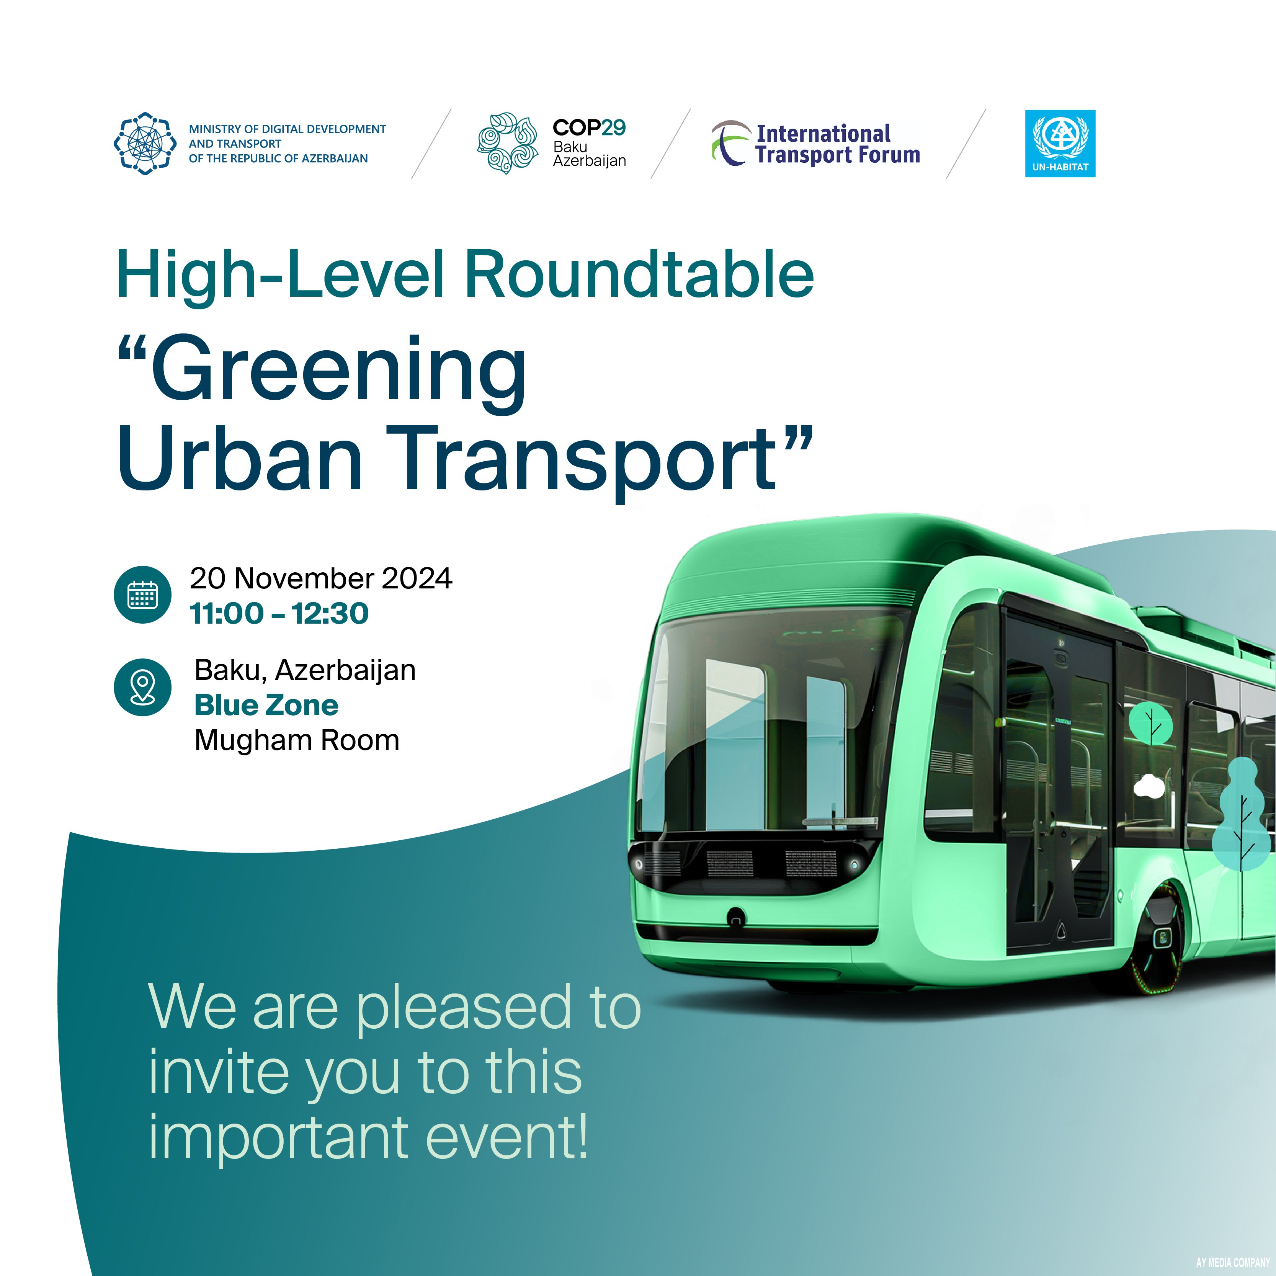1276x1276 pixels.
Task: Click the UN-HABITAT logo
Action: pos(1060,143)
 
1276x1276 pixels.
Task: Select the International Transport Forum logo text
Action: pos(837,144)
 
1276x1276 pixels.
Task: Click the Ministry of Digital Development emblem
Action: pos(145,143)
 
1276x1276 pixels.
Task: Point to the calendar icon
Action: pos(143,595)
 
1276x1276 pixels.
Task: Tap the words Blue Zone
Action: pos(266,705)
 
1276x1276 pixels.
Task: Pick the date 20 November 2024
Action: pos(321,578)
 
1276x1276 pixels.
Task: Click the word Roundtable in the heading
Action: pos(639,274)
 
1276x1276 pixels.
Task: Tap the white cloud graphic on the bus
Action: pos(1149,786)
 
